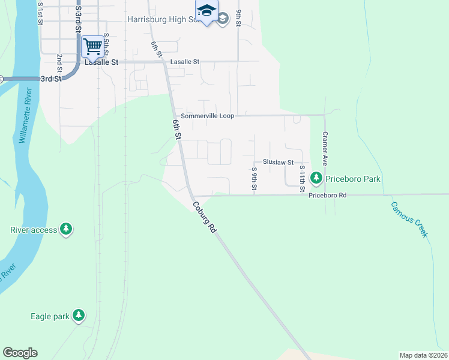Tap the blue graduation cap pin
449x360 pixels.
[206, 11]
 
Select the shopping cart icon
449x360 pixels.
[92, 46]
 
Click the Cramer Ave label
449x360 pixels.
[325, 149]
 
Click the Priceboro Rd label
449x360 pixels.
[328, 195]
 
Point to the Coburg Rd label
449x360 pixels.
[205, 217]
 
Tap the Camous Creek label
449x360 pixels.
[409, 219]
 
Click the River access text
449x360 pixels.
[34, 230]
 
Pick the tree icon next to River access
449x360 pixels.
[66, 229]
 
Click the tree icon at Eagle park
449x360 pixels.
[78, 315]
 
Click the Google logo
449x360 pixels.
[20, 353]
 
